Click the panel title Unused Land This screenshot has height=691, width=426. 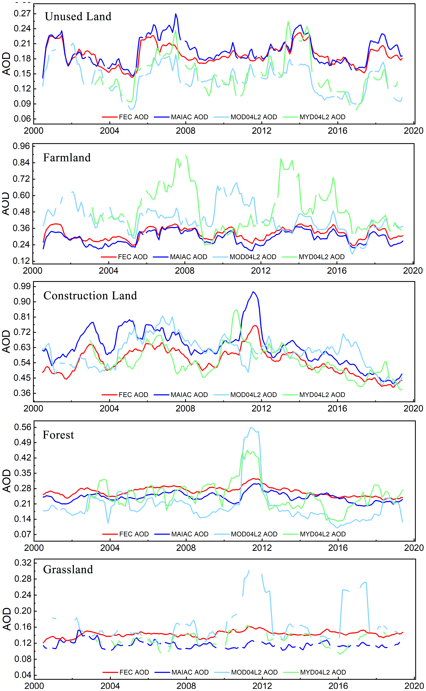78,17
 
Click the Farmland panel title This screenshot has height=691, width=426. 67,158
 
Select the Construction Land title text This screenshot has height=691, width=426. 90,296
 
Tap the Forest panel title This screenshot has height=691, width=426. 58,435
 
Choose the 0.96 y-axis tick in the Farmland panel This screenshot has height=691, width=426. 21,146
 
